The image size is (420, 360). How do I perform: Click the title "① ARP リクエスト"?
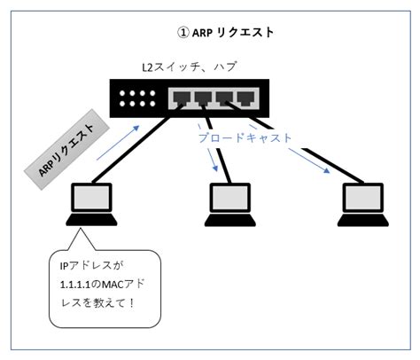click(225, 32)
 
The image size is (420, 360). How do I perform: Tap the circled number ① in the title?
click(183, 33)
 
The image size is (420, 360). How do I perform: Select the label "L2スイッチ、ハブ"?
click(189, 67)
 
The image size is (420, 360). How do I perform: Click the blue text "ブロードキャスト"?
click(245, 138)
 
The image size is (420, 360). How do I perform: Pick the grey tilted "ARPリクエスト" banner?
click(66, 149)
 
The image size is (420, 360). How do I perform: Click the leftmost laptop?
click(91, 205)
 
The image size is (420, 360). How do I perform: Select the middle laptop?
click(230, 205)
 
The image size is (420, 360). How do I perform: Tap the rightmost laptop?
click(363, 205)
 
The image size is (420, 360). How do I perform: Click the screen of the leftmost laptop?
click(91, 198)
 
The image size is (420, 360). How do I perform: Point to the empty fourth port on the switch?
click(246, 98)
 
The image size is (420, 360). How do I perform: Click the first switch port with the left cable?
click(182, 98)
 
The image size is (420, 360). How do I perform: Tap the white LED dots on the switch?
click(137, 98)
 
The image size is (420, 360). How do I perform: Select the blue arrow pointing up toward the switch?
click(118, 143)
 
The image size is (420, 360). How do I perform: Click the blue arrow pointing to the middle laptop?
click(213, 160)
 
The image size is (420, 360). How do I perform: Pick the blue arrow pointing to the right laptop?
click(309, 160)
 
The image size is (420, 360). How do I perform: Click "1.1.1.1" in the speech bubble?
click(74, 285)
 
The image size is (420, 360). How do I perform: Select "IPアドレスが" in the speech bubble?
click(91, 266)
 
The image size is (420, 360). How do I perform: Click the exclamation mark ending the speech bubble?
click(131, 302)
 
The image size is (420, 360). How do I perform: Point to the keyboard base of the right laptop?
click(363, 220)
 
